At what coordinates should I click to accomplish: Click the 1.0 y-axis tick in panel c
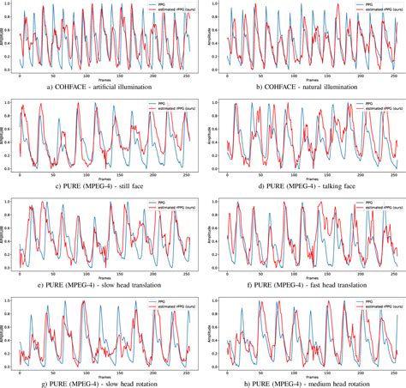[x=12, y=104]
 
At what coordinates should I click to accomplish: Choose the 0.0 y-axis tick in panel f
[x=217, y=266]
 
